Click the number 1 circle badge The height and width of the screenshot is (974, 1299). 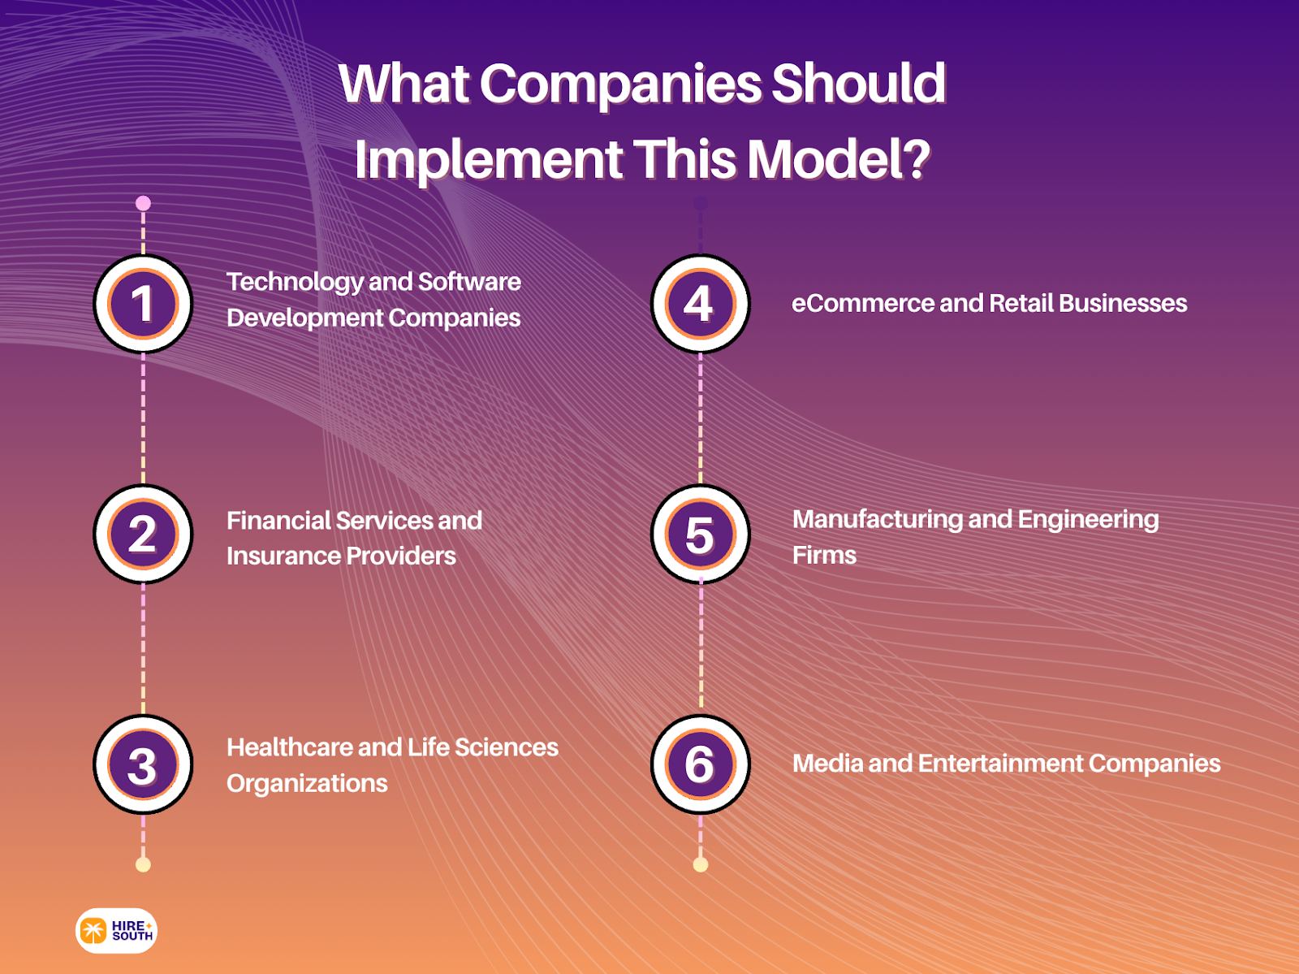point(143,304)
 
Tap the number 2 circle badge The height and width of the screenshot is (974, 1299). point(143,534)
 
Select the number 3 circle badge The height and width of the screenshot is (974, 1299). point(143,764)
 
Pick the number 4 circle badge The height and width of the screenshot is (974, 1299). point(700,304)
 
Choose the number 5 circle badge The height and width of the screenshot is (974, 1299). point(700,534)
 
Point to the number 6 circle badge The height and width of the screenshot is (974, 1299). point(700,764)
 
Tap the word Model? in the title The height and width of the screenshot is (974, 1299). point(839,159)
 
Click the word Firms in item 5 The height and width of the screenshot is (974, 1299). point(824,556)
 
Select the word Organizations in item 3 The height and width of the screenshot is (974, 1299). point(307,784)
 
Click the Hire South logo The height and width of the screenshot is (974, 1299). point(116,930)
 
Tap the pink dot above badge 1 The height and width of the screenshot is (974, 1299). point(143,203)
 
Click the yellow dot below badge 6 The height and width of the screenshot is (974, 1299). point(701,864)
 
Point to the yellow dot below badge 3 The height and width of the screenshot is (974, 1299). point(143,864)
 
